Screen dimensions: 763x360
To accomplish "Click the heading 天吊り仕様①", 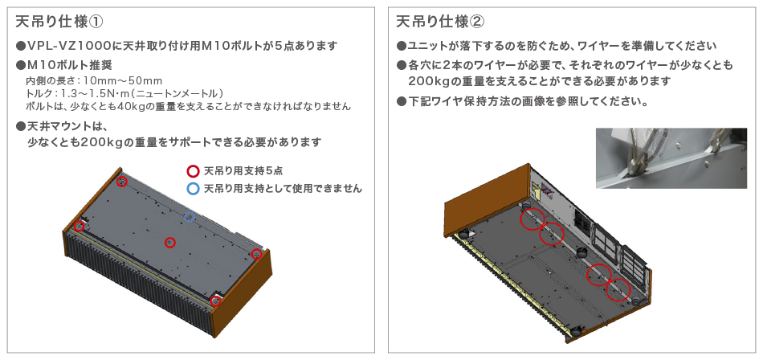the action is pos(60,22).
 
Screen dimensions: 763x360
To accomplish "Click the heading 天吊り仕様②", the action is pos(440,22).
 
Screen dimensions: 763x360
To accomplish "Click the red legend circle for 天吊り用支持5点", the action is pos(194,171).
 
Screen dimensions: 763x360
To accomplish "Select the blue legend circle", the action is pos(194,189).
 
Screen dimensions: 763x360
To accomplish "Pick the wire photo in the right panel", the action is pos(671,158).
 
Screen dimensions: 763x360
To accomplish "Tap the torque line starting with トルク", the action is pos(124,93).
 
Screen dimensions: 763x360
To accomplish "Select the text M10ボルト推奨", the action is pos(70,65).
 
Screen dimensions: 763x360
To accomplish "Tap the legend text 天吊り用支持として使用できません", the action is pos(283,189).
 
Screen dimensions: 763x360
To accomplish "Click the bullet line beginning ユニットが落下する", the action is pos(557,47).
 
